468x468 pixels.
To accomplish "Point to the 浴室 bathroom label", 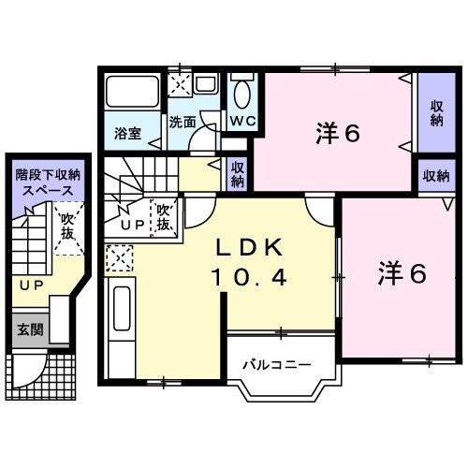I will [128, 133].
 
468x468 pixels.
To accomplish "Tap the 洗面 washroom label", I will [183, 122].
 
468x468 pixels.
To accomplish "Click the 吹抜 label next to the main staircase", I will [165, 217].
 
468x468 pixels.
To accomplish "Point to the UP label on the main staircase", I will [131, 226].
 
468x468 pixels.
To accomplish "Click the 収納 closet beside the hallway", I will [239, 174].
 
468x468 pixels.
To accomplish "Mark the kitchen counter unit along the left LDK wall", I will [121, 323].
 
